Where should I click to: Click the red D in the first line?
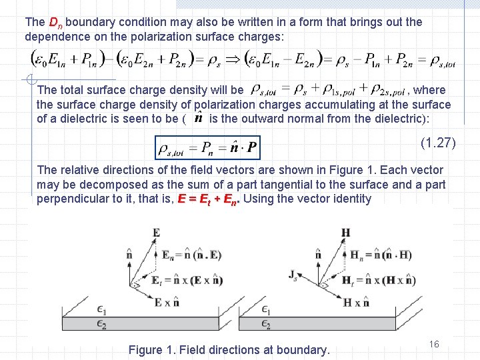[x=54, y=22]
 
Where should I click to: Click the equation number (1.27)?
[x=437, y=142]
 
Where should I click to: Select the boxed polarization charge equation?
[x=207, y=147]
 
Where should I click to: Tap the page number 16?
[x=434, y=344]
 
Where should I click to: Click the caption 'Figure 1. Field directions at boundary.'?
[x=229, y=349]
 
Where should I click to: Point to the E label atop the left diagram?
[x=156, y=232]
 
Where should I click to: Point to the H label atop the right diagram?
[x=345, y=232]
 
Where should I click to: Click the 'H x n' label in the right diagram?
[x=357, y=302]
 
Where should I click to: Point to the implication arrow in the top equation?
[x=234, y=59]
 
